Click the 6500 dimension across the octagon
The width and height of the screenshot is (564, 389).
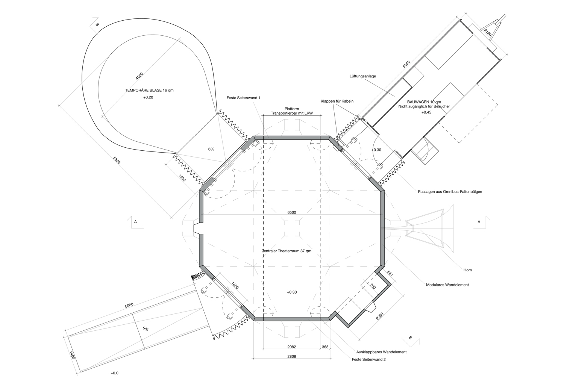(291, 212)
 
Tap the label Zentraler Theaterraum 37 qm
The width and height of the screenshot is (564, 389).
(286, 251)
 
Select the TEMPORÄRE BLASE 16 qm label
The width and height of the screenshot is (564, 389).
(149, 90)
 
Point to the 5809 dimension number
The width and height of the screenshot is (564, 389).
(117, 160)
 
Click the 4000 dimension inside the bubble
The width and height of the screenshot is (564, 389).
(139, 76)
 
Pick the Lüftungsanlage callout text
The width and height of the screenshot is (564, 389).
(362, 76)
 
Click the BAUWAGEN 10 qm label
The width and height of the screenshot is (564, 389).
(424, 102)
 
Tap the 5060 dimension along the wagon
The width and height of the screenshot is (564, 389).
(406, 64)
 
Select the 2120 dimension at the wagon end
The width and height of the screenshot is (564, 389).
(488, 32)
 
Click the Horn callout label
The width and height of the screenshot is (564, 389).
(468, 270)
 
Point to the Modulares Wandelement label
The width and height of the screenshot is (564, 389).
(447, 285)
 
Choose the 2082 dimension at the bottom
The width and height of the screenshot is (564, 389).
(291, 347)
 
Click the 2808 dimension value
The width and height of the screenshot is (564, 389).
(291, 356)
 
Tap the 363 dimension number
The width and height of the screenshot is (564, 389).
(325, 347)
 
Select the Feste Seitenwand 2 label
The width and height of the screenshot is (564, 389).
(368, 360)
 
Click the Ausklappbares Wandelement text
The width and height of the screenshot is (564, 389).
(382, 352)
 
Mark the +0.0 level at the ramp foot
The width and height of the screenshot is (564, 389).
(114, 373)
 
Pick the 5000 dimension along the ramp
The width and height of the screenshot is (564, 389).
(129, 305)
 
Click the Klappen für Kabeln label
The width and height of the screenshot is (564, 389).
(337, 101)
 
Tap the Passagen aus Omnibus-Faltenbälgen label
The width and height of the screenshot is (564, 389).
(450, 192)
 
